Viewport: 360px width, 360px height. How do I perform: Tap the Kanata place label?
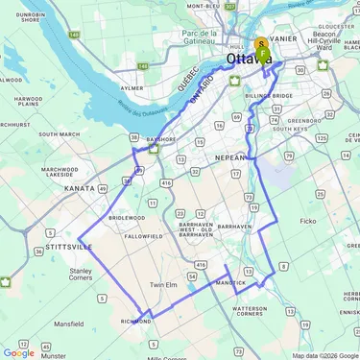(x=79, y=188)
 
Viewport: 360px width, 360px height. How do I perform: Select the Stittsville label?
(x=67, y=247)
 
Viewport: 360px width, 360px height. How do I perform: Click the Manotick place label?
(x=230, y=283)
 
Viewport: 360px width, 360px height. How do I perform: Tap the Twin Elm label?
(x=166, y=285)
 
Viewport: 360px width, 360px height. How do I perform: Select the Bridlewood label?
(x=126, y=217)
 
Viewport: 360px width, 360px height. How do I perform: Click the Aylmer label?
(x=132, y=87)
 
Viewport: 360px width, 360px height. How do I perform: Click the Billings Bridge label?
(x=268, y=97)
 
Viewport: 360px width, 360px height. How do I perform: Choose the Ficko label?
(x=307, y=221)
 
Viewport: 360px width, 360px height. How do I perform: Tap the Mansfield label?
(x=68, y=324)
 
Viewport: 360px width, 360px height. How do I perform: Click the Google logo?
(x=18, y=352)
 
